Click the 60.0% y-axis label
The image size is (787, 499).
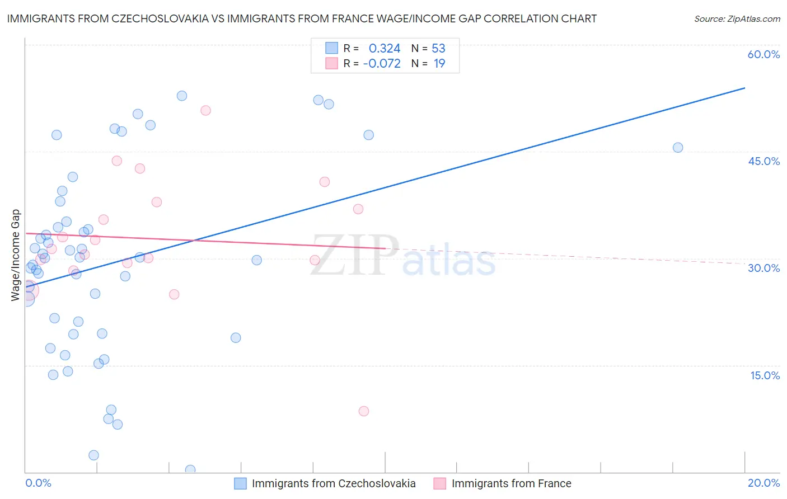[763, 54]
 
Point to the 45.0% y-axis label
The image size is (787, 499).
[763, 161]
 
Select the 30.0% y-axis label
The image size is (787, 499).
[763, 268]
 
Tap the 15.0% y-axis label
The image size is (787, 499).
[765, 375]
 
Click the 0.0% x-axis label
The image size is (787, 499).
[38, 483]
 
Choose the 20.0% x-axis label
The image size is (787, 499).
[763, 483]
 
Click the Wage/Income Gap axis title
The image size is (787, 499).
[16, 255]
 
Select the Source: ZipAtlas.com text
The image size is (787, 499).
[737, 19]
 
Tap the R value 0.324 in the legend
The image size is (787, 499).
[385, 49]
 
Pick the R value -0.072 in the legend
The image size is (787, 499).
[382, 64]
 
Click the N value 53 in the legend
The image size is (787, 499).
[438, 49]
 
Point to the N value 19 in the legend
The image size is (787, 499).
[439, 64]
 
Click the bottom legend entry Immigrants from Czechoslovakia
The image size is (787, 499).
[334, 483]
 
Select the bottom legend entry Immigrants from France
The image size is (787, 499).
[511, 483]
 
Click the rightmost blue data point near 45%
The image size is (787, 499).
[677, 148]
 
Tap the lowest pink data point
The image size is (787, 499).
[363, 411]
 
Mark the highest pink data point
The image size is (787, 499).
[205, 111]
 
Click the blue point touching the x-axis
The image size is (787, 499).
[190, 470]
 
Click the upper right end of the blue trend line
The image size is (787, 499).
[744, 88]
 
